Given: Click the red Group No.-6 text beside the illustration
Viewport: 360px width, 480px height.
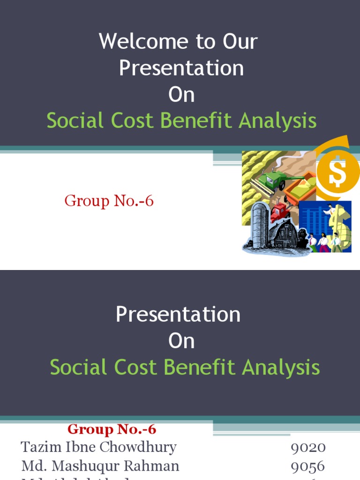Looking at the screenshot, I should (109, 201).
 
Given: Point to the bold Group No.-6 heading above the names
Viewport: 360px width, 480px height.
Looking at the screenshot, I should (112, 429).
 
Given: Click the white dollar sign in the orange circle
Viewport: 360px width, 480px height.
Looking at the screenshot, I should (337, 173).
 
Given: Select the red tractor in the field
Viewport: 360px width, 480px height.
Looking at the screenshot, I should (280, 212).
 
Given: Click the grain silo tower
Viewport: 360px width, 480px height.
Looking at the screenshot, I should (259, 225).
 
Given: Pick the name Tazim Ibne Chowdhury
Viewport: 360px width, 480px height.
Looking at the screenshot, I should (98, 447).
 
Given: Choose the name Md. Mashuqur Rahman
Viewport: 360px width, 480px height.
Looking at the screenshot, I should (100, 466).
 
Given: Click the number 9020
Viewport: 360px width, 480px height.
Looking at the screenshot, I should (308, 447).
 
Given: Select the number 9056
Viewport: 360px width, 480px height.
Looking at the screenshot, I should (308, 466).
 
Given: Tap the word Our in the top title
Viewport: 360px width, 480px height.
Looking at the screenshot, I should (240, 41).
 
